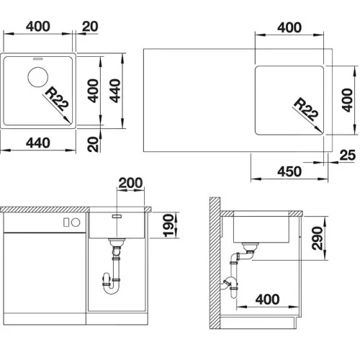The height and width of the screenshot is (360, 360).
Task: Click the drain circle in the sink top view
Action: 38,77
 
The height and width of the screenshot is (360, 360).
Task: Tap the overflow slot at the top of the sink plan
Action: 37,58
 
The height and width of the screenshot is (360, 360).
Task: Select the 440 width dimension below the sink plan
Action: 38,143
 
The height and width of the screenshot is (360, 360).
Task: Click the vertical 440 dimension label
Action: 114,91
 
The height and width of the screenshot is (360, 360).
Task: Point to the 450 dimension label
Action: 289,171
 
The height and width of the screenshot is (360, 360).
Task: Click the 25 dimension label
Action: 347,155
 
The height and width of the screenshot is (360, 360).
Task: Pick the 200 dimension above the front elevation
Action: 130,183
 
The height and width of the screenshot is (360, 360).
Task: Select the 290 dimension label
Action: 317,238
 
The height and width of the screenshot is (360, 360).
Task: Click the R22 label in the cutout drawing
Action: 306,109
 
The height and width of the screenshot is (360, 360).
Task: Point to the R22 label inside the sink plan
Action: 57,99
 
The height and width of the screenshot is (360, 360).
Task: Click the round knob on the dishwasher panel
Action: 76,222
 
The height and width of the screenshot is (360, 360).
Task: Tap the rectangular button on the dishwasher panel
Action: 66,222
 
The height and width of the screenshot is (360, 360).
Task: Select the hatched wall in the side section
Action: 215,263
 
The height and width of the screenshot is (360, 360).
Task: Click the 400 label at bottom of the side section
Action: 267,300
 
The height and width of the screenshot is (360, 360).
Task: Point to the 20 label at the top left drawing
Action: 90,27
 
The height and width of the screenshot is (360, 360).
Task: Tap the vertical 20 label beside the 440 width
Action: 93,144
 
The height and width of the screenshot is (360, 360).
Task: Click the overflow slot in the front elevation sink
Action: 117,216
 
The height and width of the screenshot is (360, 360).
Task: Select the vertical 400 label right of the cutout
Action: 347,100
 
